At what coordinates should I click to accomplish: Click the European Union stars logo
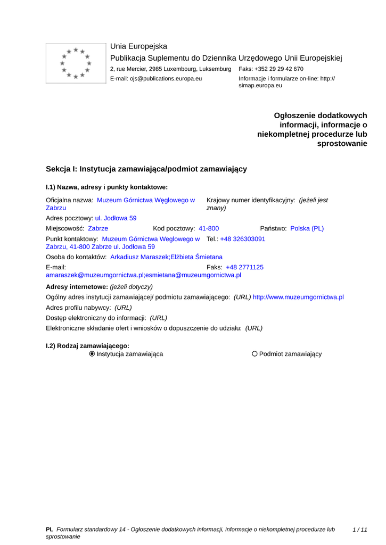tap(76, 63)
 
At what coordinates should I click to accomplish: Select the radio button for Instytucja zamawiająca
tap(92, 354)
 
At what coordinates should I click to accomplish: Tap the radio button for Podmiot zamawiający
tap(254, 354)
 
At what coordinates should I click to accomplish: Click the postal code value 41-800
tap(209, 228)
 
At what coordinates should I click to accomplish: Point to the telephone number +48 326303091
tap(242, 239)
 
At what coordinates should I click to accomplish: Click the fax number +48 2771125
tap(244, 267)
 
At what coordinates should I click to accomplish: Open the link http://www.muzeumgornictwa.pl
tap(298, 297)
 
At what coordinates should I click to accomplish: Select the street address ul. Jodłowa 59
tap(116, 218)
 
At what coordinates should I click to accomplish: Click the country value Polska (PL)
tap(307, 228)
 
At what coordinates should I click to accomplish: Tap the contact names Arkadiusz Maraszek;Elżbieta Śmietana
tap(166, 257)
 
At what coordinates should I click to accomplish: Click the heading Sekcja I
tap(146, 169)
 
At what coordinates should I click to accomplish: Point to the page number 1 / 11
tap(360, 530)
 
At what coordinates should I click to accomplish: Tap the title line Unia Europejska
tap(138, 46)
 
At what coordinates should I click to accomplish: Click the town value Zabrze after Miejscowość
tap(98, 228)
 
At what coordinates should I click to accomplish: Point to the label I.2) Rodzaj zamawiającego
tap(87, 346)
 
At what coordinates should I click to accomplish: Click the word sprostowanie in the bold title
tap(342, 144)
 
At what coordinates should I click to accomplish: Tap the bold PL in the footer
tap(50, 530)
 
